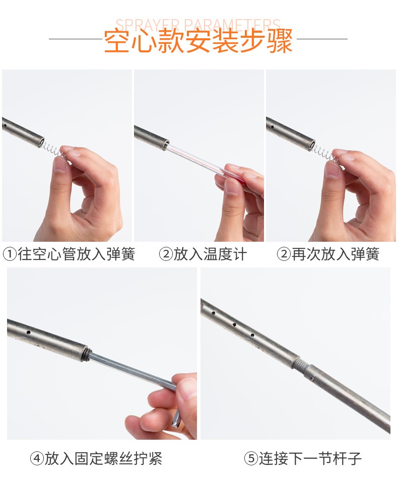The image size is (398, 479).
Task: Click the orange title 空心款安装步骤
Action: [198, 41]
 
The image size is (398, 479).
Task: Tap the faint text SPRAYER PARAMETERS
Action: [198, 24]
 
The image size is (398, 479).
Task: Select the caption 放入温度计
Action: [210, 254]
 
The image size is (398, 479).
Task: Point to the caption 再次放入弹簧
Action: [336, 254]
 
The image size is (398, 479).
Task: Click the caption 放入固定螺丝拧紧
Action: [104, 458]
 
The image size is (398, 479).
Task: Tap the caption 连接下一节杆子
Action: [310, 458]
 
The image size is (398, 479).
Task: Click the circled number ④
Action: [37, 458]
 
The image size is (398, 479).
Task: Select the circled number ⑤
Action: [251, 458]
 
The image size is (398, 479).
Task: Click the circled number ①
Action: [10, 254]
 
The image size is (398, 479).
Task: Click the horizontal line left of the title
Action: [76, 39]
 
